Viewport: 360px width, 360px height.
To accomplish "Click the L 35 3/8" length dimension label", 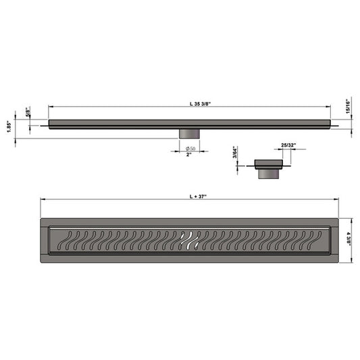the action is [x=200, y=103].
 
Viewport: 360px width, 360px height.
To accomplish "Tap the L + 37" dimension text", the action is [x=198, y=197].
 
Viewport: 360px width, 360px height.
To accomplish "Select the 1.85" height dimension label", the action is [x=9, y=126].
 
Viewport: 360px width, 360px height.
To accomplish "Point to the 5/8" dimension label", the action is [x=28, y=112].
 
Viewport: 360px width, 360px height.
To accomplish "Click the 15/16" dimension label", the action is [x=348, y=106].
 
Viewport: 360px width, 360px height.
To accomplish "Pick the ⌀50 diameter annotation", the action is [x=190, y=149].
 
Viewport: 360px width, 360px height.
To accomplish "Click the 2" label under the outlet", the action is [x=188, y=155].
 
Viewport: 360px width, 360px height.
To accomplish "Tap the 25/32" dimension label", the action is [x=288, y=145].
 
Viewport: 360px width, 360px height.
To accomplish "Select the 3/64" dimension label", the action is [x=234, y=153].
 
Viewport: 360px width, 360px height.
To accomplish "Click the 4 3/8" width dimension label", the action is [x=349, y=239].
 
